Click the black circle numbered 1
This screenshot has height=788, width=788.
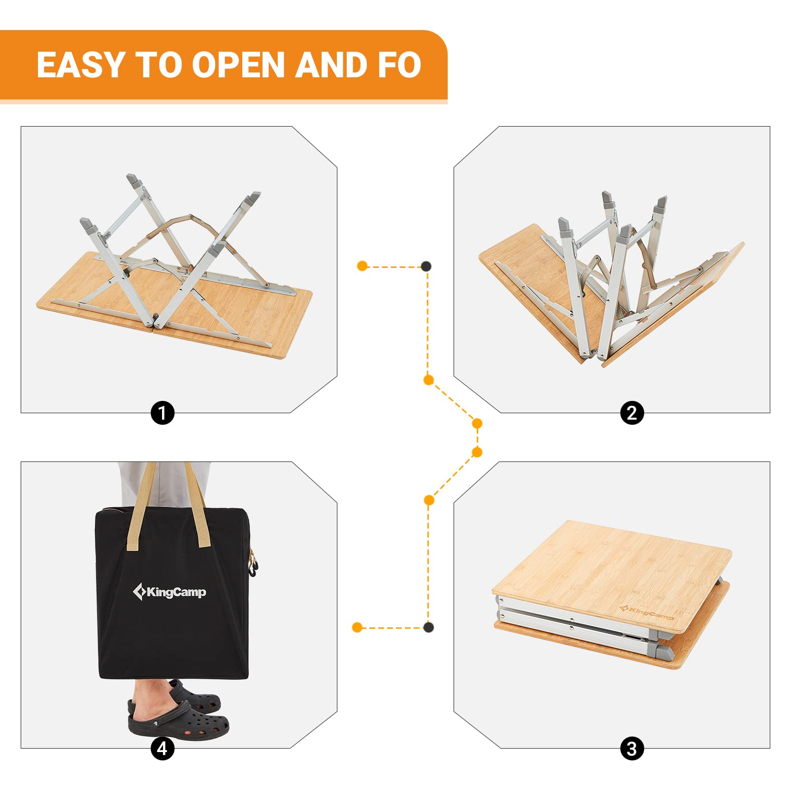[x=163, y=413]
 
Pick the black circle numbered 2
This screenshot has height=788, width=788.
[x=632, y=413]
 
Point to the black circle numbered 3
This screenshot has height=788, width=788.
[x=632, y=749]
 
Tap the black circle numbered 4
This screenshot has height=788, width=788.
[x=163, y=749]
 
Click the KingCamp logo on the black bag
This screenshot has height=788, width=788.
[x=170, y=591]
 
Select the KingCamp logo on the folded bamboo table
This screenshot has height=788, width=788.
[x=647, y=613]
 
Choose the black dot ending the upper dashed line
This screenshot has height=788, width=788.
[x=426, y=266]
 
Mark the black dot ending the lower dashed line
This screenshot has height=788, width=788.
[x=428, y=627]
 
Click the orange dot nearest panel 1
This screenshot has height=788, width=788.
[x=362, y=266]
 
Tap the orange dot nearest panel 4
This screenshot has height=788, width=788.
[x=358, y=627]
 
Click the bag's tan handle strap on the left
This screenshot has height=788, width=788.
[x=141, y=507]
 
